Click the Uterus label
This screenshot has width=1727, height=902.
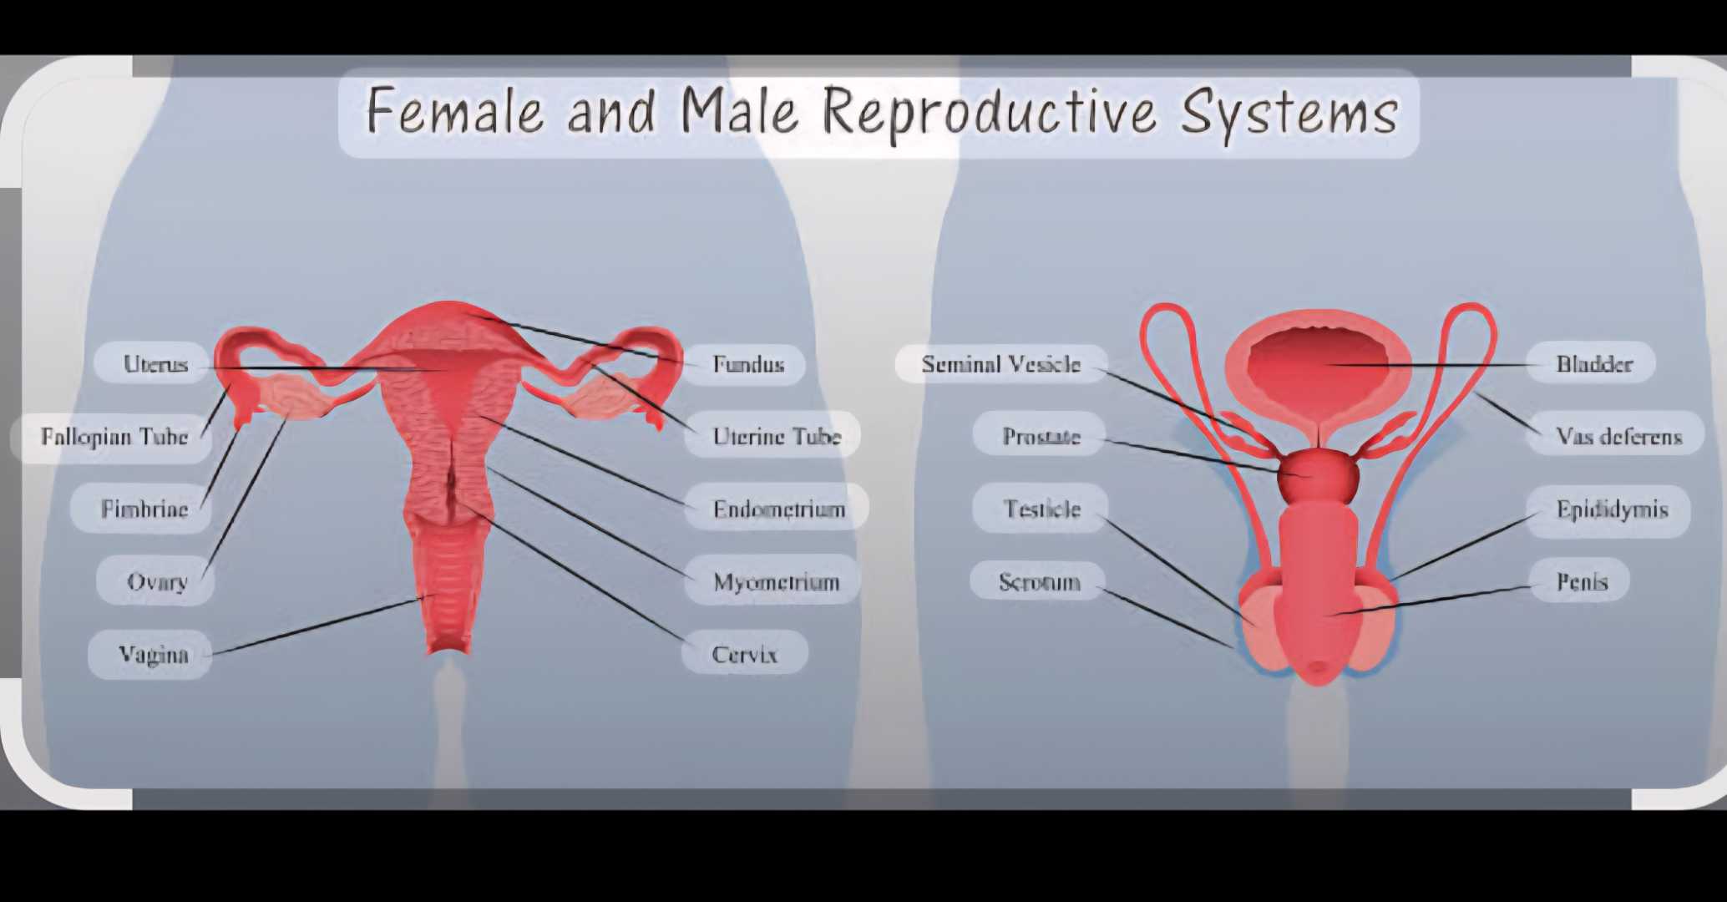155,364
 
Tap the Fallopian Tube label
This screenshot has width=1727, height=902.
114,437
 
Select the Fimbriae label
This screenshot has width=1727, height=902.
144,509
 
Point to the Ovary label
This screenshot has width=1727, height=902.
157,582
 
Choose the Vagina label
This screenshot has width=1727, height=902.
153,655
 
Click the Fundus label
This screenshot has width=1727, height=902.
748,364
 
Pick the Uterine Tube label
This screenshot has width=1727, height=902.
777,437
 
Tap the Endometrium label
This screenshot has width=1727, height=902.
779,509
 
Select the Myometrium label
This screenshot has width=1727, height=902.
776,582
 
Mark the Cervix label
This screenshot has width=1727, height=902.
744,655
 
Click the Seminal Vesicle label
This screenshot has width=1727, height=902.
1001,364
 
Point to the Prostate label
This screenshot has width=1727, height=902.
1041,437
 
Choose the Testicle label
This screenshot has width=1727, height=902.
1042,509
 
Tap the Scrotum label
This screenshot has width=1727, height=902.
1040,582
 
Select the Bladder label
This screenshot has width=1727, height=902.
1594,364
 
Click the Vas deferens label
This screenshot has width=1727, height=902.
1618,437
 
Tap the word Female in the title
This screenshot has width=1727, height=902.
455,110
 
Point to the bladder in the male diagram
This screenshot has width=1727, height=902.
1318,364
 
